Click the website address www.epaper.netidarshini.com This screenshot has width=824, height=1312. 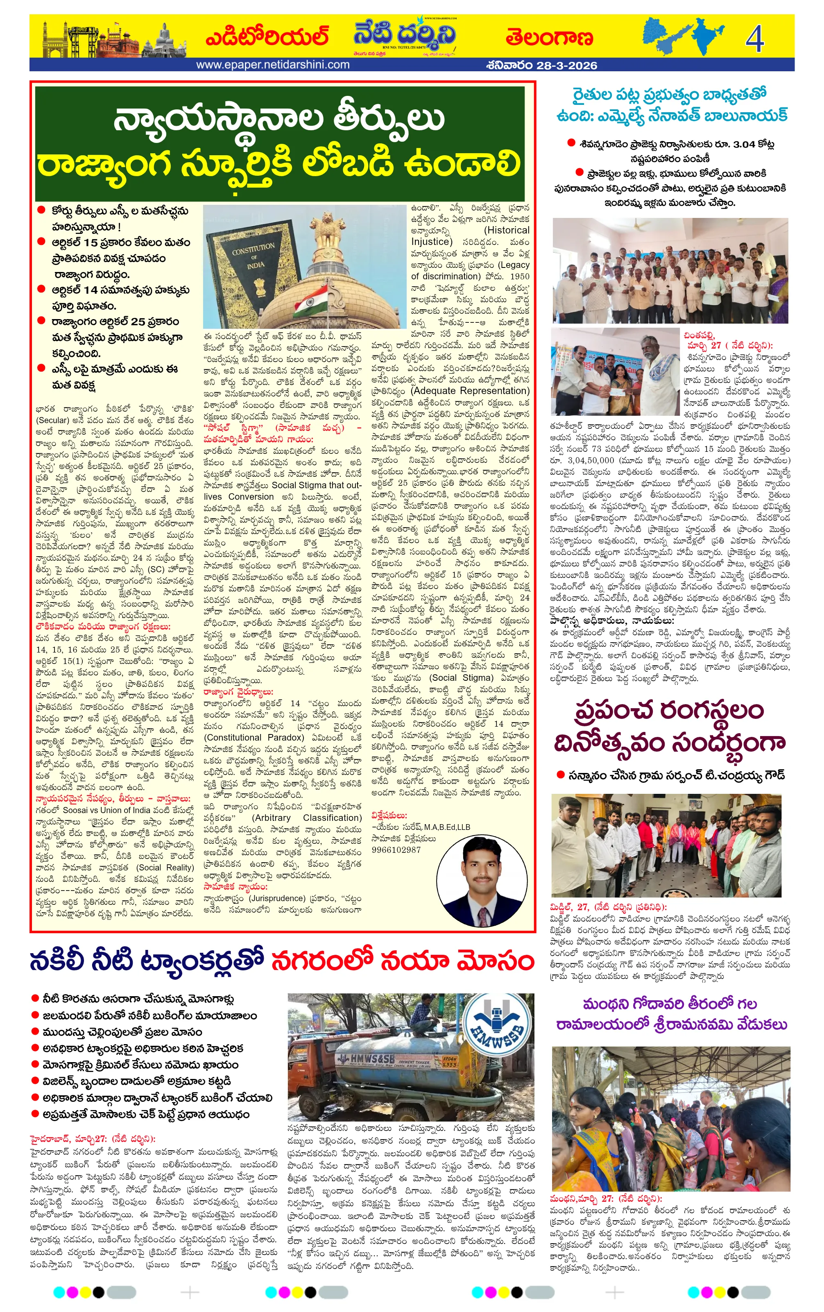pos(272,65)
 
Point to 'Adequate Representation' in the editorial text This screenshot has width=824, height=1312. pos(471,391)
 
